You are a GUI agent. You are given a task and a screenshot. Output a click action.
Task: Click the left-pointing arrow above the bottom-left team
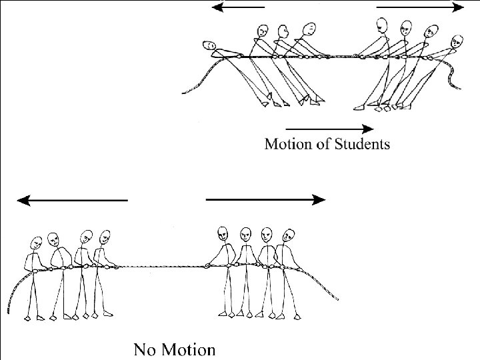coord(72,200)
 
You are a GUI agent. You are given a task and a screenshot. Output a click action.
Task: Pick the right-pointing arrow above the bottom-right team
coord(266,199)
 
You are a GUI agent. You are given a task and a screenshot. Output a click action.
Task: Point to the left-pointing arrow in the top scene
coord(238,7)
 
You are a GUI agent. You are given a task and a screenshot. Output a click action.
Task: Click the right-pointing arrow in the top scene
coord(421,7)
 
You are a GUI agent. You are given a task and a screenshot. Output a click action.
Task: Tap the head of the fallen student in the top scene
coord(210,45)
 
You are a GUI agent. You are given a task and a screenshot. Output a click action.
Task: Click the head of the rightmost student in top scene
coord(457,41)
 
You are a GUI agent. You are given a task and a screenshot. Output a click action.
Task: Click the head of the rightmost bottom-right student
coord(289,235)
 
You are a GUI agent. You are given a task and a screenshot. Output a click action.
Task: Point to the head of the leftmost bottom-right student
coord(223,233)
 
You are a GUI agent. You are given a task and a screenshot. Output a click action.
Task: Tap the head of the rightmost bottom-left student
coord(104,237)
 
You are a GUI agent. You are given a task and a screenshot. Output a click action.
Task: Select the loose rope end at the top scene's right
coord(455,77)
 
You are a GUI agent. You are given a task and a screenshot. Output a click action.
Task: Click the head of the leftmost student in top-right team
coord(381,26)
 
